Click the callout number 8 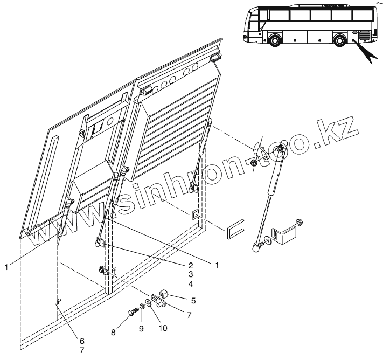(113, 333)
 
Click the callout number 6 (82, 340)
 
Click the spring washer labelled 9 (141, 307)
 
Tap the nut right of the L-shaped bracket (300, 221)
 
